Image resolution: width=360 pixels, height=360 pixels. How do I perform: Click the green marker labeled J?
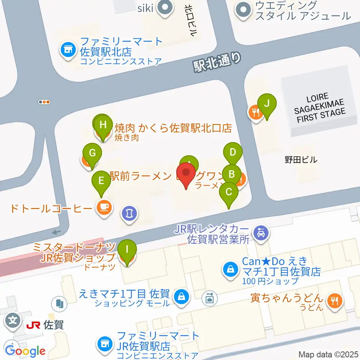point(267,103)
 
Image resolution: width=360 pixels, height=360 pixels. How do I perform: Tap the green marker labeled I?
point(127,249)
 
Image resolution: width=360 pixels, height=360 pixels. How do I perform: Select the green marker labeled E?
point(101,180)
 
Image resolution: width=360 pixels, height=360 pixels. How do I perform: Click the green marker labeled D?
point(233,153)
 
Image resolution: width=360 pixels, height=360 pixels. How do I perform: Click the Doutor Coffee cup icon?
point(104,207)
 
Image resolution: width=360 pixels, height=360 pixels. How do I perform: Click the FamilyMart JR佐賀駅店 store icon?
point(104,343)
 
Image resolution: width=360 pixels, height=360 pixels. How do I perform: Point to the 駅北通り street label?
point(216,61)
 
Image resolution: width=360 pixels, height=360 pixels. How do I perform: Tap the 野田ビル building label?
point(301,160)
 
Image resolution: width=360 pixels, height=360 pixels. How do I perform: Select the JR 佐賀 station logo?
point(33,324)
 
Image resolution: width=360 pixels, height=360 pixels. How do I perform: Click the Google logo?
point(25,351)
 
